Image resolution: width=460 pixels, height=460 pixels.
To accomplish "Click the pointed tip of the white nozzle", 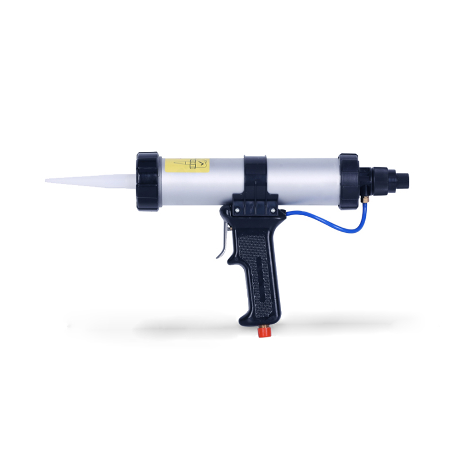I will (x=47, y=181).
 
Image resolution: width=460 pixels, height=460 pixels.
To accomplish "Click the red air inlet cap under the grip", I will (x=263, y=333).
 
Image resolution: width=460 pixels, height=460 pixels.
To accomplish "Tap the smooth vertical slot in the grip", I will (x=261, y=276).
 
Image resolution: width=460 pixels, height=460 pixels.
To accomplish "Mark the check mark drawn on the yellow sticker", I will (x=201, y=165).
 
